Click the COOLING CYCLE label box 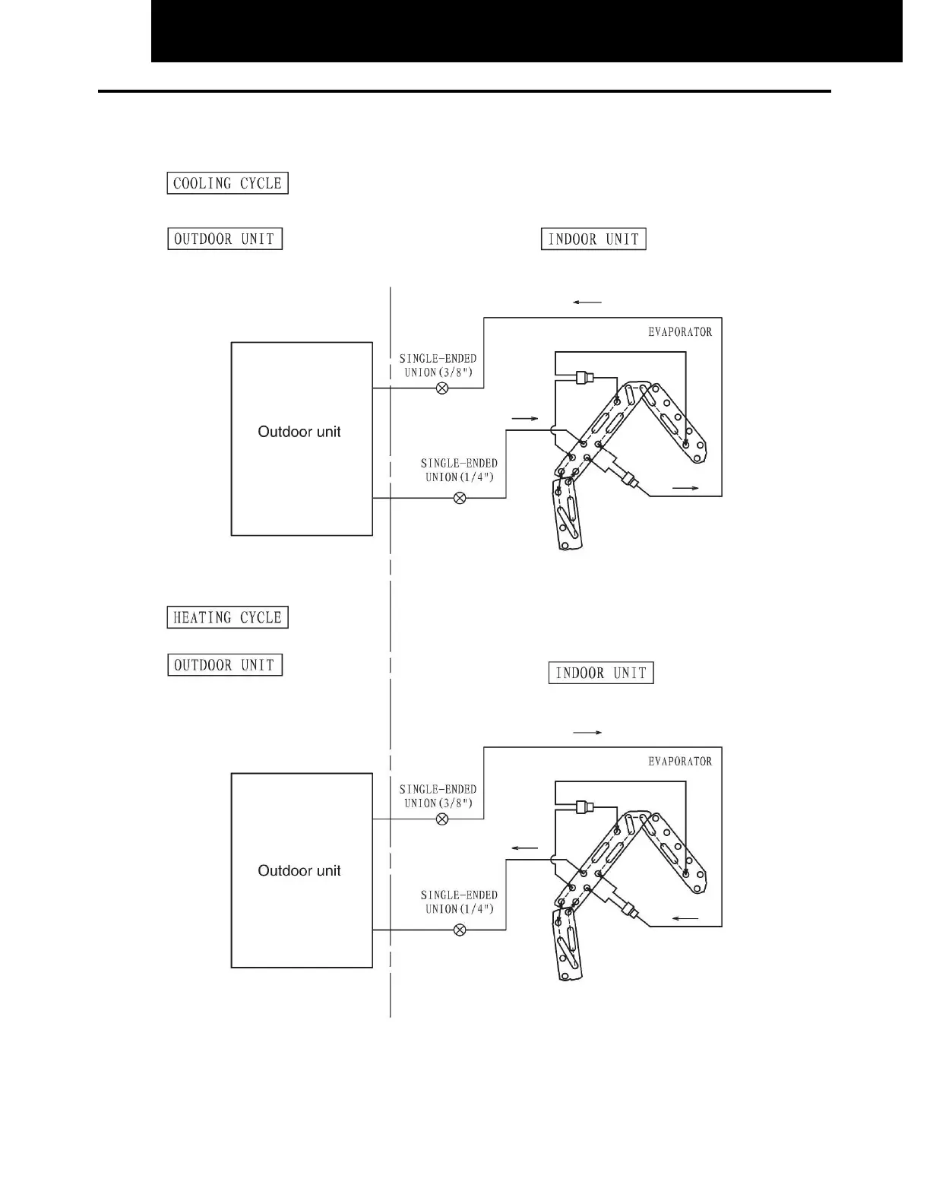pos(227,183)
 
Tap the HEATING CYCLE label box pos(227,617)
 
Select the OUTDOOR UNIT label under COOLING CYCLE pos(224,239)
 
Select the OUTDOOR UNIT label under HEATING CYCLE pos(224,665)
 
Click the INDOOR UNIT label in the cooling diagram pos(593,239)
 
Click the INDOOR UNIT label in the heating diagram pos(601,673)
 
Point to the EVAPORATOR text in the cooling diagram pos(680,331)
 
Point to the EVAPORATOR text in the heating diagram pos(680,761)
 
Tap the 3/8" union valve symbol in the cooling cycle pos(441,388)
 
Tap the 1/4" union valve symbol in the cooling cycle pos(460,498)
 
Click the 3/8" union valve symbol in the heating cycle pos(441,819)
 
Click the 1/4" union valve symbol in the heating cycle pos(460,930)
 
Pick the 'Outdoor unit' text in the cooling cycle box pos(299,432)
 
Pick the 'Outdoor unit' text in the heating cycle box pos(299,870)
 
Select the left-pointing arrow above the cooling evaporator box pos(587,303)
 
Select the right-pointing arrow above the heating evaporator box pos(587,733)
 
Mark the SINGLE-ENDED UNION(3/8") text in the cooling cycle pos(438,366)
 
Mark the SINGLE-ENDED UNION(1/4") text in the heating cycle pos(459,902)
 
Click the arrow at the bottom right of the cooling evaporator pos(685,488)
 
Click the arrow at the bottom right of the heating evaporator pos(685,919)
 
